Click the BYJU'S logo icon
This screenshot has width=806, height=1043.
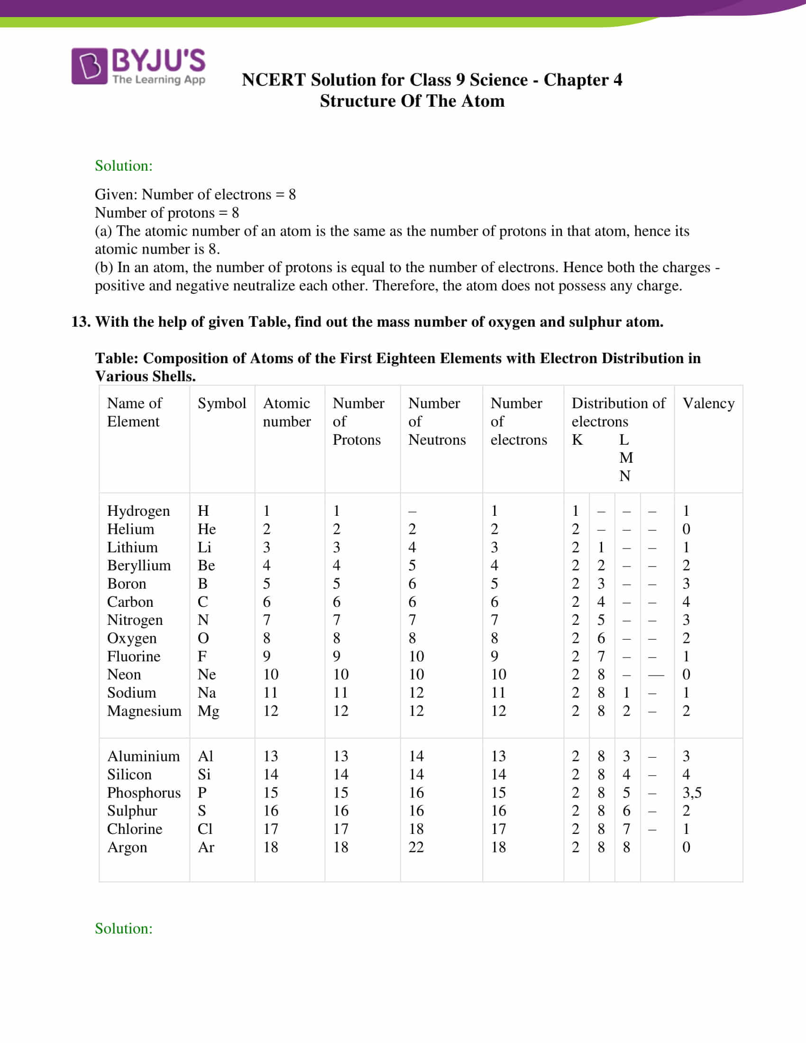[x=89, y=66]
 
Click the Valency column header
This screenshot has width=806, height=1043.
[x=708, y=403]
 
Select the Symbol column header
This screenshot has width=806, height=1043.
[x=222, y=403]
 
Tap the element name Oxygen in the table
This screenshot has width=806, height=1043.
[x=132, y=639]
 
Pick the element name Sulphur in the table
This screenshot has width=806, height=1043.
[x=132, y=811]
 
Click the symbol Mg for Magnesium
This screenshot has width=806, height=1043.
[x=209, y=711]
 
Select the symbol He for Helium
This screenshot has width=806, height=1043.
[x=207, y=529]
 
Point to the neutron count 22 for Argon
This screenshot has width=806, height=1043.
[x=416, y=847]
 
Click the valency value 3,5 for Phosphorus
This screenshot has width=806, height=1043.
[x=692, y=793]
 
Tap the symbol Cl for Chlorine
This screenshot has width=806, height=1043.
[x=205, y=829]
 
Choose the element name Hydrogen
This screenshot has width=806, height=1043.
[x=138, y=511]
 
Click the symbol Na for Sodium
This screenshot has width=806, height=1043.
[x=207, y=693]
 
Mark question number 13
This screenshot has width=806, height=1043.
[x=80, y=322]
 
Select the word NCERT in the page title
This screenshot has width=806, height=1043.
[x=273, y=80]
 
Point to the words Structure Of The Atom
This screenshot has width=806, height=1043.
[x=412, y=101]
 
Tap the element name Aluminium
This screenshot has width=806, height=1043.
[x=143, y=757]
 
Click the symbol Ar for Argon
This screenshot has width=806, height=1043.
[x=206, y=847]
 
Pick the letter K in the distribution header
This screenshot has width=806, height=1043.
[x=577, y=440]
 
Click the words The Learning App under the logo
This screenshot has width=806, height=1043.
[x=159, y=80]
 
